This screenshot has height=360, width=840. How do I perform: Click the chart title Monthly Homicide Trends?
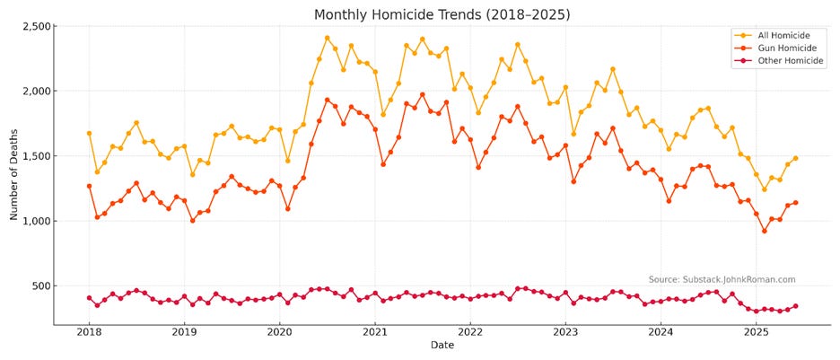coord(442,14)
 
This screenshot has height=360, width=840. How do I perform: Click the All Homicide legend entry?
coord(777,35)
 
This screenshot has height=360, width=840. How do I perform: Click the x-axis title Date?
coord(442,346)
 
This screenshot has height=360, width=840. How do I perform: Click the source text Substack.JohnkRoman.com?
coord(722,279)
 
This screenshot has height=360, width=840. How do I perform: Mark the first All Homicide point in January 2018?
coord(89,133)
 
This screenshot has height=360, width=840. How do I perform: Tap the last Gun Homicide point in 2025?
coord(795,202)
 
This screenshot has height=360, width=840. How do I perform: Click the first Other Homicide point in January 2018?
coord(89,298)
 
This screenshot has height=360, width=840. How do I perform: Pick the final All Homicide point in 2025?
coord(795,158)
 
